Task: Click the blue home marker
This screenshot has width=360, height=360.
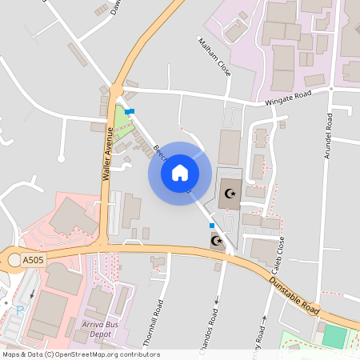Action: [180, 173]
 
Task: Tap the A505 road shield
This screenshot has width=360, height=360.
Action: [34, 261]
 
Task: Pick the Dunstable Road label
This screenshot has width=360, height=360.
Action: [294, 290]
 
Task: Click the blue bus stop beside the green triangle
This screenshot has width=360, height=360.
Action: [130, 111]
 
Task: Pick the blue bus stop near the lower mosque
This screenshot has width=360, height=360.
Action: [212, 226]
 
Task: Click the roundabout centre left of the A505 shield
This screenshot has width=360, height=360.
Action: [14, 259]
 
